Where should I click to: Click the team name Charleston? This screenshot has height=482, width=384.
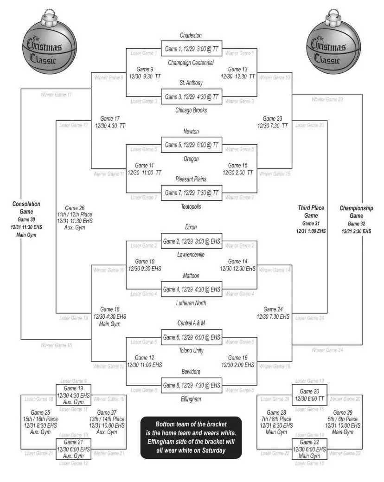191,35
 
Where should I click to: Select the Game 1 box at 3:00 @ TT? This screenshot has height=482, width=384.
191,48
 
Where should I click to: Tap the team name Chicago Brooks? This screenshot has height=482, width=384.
191,110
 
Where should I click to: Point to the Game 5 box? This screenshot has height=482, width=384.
191,145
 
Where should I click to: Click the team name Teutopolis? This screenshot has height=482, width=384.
191,207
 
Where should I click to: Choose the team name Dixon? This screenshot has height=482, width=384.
191,227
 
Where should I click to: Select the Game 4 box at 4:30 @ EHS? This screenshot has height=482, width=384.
191,289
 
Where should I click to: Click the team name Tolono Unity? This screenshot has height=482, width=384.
191,351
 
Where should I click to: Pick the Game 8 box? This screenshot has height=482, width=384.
191,385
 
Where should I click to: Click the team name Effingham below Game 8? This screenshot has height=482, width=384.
191,398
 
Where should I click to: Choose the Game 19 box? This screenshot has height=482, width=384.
73,395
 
